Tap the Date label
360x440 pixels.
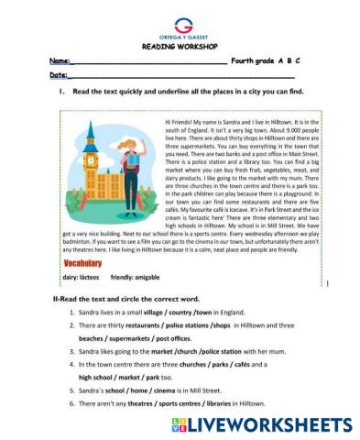point(59,73)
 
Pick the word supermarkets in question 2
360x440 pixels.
point(137,337)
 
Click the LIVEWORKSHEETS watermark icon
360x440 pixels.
point(178,425)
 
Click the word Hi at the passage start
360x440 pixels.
point(169,120)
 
